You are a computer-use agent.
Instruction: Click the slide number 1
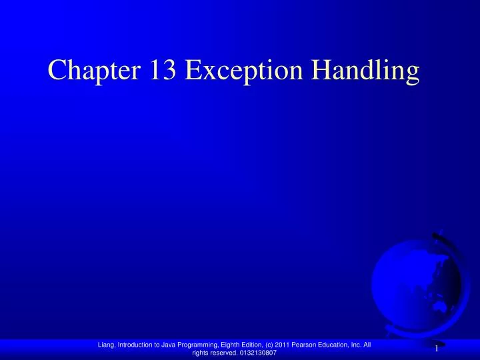436,348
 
